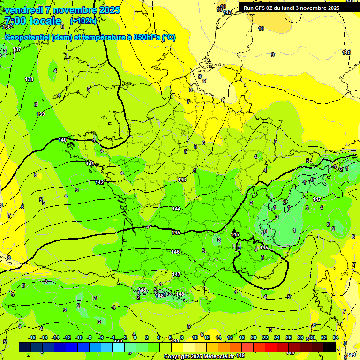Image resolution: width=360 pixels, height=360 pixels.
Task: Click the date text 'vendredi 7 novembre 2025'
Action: [x=62, y=10]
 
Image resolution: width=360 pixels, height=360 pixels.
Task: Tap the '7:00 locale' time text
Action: [x=32, y=21]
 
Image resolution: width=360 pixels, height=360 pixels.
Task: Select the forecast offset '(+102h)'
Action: [x=83, y=21]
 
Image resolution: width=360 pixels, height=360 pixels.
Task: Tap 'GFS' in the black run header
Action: [x=261, y=8]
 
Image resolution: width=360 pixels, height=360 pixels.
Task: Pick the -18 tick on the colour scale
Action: [x=32, y=337]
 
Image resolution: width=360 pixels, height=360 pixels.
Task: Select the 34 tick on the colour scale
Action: [x=336, y=337]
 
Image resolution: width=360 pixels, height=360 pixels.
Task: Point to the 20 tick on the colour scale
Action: [x=254, y=337]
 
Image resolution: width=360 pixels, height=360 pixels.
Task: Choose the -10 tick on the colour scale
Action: [x=79, y=337]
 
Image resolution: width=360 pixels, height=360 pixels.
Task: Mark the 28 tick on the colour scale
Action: [x=300, y=337]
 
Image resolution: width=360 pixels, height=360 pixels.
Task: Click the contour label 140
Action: [x=62, y=140]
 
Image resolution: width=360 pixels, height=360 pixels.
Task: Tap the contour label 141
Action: [x=90, y=164]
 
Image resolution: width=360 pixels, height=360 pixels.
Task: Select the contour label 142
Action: [x=99, y=182]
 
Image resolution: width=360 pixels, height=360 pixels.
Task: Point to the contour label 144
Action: [x=176, y=209]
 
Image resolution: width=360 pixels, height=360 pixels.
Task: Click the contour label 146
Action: [x=175, y=252]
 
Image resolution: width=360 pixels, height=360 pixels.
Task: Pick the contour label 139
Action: [x=41, y=114]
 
